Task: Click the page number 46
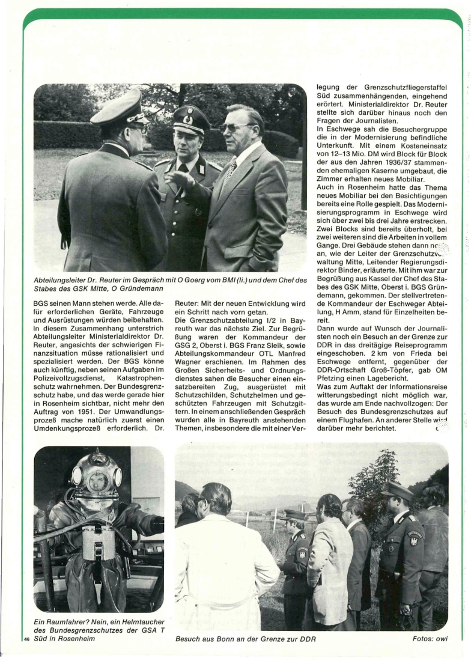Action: [x=27, y=639]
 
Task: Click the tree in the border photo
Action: [x=374, y=481]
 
